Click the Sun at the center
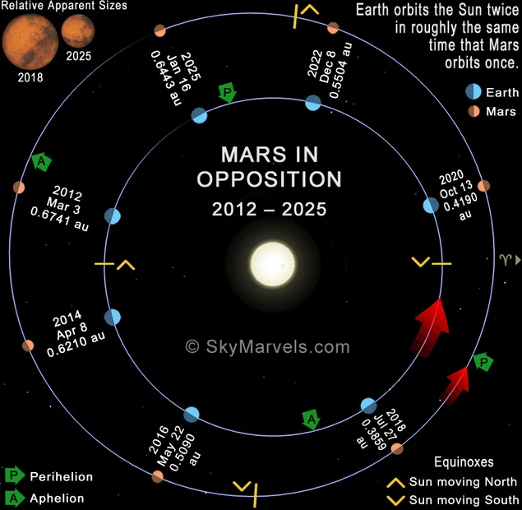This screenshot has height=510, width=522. coord(273,264)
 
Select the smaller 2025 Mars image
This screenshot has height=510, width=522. coord(78,31)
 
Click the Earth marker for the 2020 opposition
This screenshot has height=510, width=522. coord(431,205)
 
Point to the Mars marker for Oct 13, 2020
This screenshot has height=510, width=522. coord(483,186)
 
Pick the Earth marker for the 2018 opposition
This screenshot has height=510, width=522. coord(368,406)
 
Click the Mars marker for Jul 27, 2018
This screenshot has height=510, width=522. coord(397,448)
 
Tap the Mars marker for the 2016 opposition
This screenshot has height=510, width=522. coord(158,477)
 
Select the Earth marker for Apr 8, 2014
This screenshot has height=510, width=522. coord(113,318)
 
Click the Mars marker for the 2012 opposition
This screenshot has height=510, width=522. coord(19,188)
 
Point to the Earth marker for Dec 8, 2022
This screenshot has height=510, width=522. coord(313,103)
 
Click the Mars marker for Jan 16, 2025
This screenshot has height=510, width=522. coord(159,30)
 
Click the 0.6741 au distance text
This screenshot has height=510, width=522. coord(59,219)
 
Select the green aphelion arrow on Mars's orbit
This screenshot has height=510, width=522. coord(41,161)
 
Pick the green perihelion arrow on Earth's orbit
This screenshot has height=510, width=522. coord(228,93)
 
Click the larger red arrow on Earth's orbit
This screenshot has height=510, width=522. coord(430,327)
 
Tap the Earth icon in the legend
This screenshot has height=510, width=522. coord(473,91)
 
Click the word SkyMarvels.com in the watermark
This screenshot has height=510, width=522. coord(278,346)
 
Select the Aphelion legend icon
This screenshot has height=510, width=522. coord(14,498)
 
